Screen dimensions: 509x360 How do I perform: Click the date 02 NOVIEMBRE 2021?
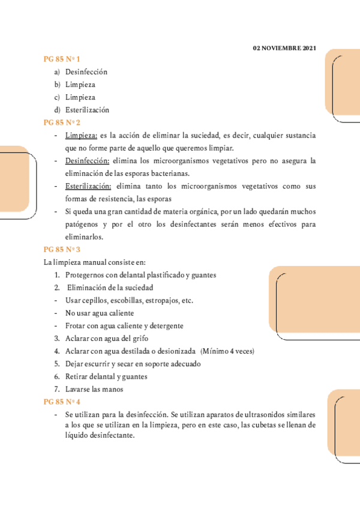tap(284, 47)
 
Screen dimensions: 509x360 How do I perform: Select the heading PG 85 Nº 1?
tap(62, 59)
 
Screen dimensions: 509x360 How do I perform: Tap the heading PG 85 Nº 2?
tap(62, 122)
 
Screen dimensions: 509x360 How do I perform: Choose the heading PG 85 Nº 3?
tap(62, 249)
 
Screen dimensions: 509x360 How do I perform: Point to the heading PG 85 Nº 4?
tap(62, 402)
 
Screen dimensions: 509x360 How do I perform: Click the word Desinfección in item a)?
tap(86, 71)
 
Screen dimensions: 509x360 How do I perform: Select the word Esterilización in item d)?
tap(88, 110)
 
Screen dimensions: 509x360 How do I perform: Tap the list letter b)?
tap(57, 85)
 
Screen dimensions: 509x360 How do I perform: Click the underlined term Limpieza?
tap(81, 135)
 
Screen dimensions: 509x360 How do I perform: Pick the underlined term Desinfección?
tap(88, 161)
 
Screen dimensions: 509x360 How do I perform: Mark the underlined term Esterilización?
tap(88, 186)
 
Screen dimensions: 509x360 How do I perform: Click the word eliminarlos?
tap(84, 236)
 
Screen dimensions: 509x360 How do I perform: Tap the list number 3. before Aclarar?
tap(56, 339)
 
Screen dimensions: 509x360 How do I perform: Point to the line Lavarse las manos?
tap(94, 389)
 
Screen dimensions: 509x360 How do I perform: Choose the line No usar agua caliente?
tap(100, 313)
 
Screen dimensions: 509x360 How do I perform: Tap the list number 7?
tap(56, 389)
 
